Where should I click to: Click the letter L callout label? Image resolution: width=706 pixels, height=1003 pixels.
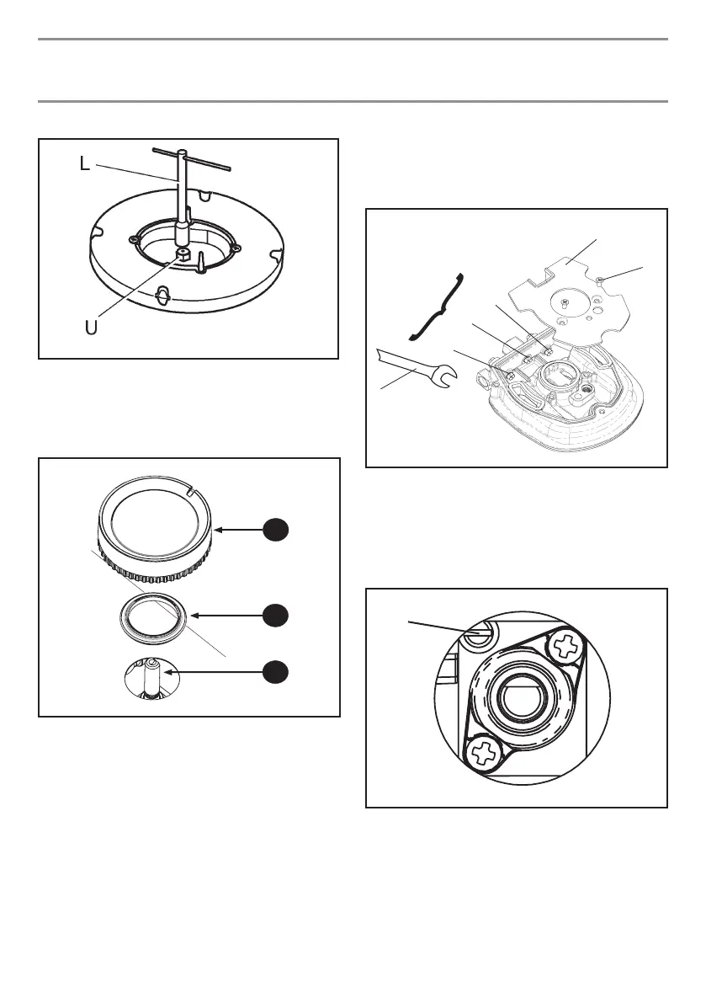coord(84,165)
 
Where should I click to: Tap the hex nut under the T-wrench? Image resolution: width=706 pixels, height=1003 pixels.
coord(182,253)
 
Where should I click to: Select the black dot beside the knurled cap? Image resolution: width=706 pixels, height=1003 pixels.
coord(274,529)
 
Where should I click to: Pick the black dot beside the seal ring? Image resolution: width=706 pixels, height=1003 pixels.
coord(274,615)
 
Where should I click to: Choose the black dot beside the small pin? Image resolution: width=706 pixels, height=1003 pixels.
coord(274,671)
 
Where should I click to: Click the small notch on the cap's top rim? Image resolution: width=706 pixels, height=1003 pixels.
coord(192,491)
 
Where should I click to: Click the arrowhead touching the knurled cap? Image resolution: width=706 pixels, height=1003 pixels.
coord(221,530)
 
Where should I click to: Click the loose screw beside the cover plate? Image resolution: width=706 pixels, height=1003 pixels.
coord(600,280)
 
